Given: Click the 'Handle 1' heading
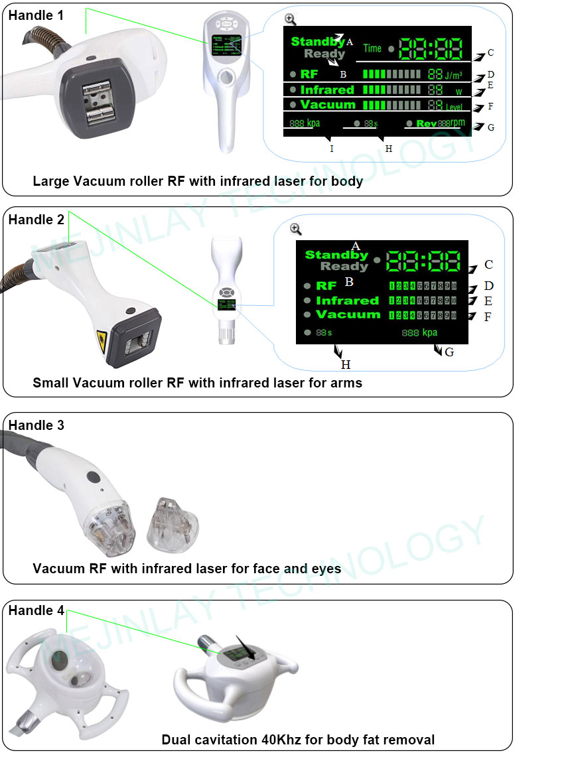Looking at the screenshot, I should click(36, 15).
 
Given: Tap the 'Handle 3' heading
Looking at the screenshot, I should click(36, 425).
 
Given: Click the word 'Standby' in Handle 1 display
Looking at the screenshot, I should click(317, 42).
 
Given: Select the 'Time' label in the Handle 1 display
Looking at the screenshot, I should click(372, 48).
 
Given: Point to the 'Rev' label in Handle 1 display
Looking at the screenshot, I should click(427, 123).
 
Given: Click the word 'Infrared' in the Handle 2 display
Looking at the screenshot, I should click(347, 301).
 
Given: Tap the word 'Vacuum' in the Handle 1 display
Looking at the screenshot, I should click(328, 105).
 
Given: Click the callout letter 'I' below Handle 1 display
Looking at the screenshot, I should click(332, 149).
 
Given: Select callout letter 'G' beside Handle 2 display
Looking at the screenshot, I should click(449, 352).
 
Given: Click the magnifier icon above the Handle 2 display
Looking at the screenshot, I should click(296, 229).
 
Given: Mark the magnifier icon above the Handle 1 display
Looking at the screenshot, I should click(289, 20).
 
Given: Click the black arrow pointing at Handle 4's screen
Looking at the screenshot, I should click(249, 643).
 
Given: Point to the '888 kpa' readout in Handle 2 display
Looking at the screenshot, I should click(419, 332).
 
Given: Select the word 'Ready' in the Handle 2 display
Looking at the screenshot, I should click(344, 267).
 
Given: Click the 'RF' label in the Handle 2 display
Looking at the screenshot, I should click(326, 286).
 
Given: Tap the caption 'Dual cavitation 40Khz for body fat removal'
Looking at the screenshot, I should click(298, 739).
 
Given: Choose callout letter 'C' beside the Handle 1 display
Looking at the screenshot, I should click(490, 52).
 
